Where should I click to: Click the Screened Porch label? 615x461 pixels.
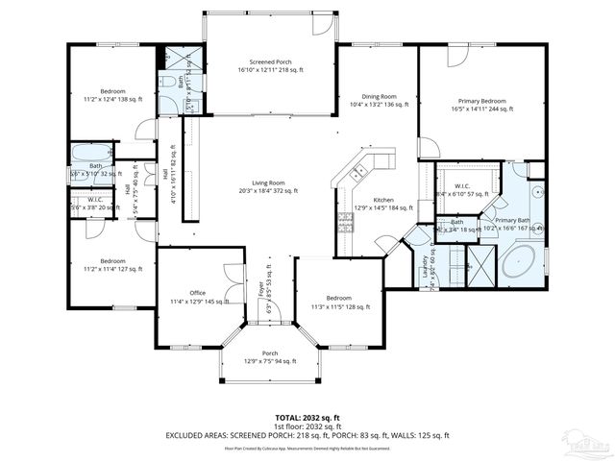(270, 65)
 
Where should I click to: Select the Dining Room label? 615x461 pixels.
(378, 100)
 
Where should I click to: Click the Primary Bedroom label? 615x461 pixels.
(481, 105)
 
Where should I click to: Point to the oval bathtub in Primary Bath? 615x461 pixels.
(522, 262)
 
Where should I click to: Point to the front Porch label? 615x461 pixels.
(270, 356)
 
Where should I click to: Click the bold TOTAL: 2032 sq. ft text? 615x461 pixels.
(307, 418)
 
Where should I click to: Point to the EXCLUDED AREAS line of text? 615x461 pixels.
(307, 435)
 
